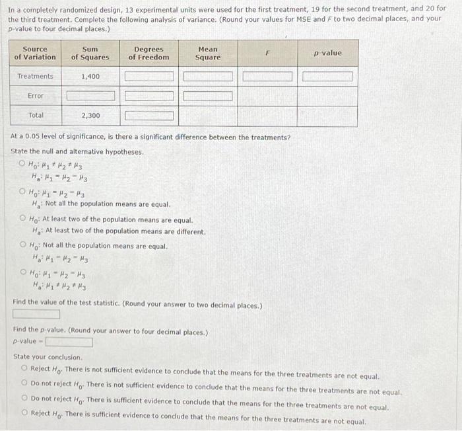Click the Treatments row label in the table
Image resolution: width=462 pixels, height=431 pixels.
coord(35,77)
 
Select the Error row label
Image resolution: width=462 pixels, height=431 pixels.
coord(35,97)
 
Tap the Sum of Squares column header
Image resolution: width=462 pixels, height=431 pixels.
coord(90,54)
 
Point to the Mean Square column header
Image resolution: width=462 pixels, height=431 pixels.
coord(208,54)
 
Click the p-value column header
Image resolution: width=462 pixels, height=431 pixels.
coord(327,53)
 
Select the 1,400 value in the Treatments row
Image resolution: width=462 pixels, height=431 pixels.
coord(90,77)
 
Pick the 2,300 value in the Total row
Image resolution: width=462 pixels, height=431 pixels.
coord(90,116)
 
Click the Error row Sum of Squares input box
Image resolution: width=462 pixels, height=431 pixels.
coord(90,97)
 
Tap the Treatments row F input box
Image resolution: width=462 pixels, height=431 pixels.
coord(267,77)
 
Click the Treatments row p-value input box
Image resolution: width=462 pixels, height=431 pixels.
coord(327,77)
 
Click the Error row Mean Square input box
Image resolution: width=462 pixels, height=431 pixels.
coord(208,97)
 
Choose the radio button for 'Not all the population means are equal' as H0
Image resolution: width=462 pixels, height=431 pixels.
coord(24,246)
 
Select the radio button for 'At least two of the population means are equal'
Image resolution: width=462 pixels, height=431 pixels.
coord(24,219)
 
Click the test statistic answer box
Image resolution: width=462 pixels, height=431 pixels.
coord(36,314)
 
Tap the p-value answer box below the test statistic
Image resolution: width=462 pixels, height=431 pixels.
coord(69,342)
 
